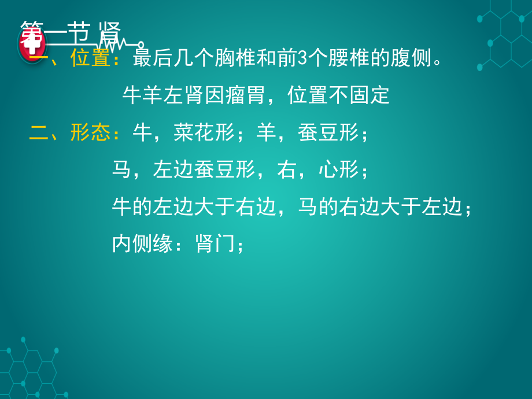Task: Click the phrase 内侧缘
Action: [x=142, y=245]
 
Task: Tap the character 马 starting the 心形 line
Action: [x=122, y=170]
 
